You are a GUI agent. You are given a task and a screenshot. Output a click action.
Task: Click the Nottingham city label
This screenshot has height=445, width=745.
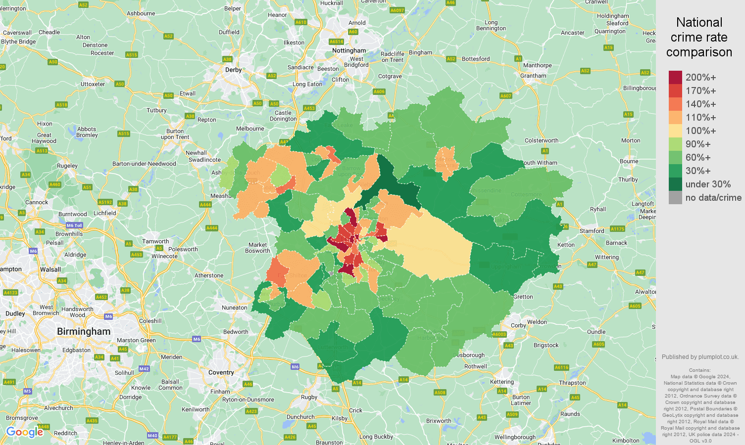tap(349, 50)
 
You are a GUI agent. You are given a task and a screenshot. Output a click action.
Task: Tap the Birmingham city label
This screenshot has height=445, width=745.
tap(84, 331)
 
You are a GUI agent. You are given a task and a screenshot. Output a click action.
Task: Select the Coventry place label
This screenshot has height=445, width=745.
tap(221, 372)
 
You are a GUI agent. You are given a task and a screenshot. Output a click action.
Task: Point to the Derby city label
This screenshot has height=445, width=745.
tap(233, 70)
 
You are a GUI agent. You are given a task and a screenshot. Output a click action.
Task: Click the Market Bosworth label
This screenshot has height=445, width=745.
tap(257, 248)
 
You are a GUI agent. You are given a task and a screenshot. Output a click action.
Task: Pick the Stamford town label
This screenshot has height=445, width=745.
tap(592, 231)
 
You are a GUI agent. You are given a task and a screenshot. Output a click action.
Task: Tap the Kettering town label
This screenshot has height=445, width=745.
tap(501, 382)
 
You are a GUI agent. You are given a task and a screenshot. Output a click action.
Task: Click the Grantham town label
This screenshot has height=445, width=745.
tap(533, 76)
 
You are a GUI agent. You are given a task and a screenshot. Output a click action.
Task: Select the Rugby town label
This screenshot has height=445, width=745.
tap(309, 397)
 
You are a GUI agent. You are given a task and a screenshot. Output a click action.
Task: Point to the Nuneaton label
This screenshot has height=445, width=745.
tap(234, 308)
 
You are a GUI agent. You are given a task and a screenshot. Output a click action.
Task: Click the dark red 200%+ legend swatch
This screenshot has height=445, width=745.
tap(675, 77)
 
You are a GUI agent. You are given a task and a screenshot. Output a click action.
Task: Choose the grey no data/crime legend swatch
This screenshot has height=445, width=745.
tap(675, 198)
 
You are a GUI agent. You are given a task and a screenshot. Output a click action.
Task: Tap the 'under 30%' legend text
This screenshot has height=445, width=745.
tap(708, 184)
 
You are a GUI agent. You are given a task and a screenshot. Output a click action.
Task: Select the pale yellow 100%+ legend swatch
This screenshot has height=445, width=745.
tap(675, 131)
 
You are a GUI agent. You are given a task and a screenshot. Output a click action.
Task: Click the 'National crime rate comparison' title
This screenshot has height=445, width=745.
tap(699, 37)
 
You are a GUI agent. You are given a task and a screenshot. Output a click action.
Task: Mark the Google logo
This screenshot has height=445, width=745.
tap(25, 432)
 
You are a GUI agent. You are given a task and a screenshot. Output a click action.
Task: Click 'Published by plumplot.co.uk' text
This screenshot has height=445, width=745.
tap(700, 356)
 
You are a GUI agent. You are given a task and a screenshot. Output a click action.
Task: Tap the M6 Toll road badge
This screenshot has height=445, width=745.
tap(74, 225)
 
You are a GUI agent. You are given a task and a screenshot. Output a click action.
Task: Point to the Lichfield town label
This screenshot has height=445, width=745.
tap(104, 213)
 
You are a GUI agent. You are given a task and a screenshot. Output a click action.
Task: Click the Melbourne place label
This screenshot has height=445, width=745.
tap(250, 129)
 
